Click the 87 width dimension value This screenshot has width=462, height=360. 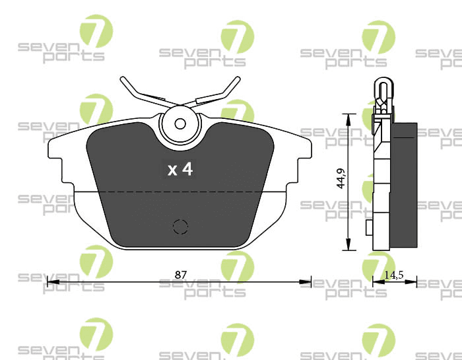(x=181, y=275)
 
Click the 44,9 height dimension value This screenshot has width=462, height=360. (x=341, y=178)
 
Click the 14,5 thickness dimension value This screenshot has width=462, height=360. (x=394, y=275)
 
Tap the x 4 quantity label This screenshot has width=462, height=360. (x=180, y=169)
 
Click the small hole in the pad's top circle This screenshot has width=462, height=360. (x=180, y=124)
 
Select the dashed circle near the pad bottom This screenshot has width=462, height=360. (x=180, y=227)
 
